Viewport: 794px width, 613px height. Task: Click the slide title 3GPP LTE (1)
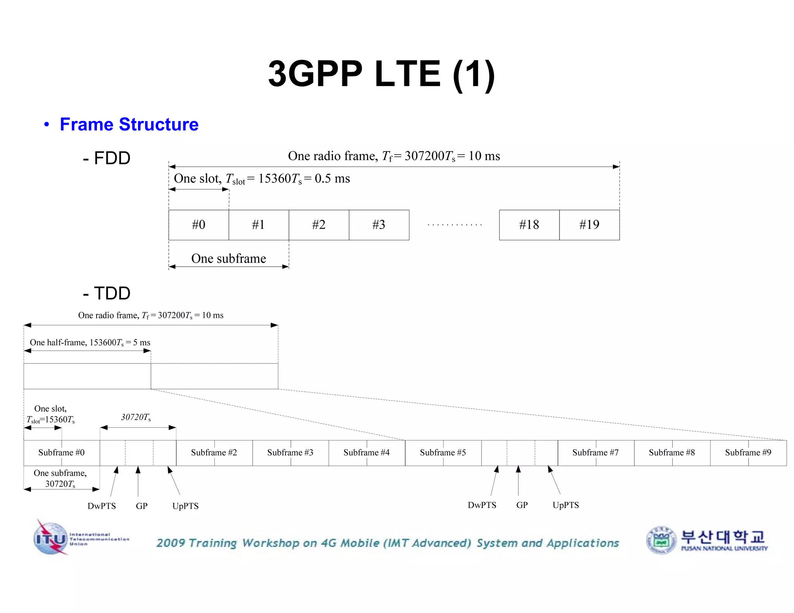pos(381,74)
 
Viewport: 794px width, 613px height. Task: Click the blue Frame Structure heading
pos(129,124)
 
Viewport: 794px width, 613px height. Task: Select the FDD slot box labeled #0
pos(198,225)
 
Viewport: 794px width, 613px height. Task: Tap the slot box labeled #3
pos(379,225)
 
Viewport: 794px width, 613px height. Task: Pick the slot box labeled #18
pos(529,225)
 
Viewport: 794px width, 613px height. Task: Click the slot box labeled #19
pos(589,225)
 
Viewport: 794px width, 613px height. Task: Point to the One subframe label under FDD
pos(228,258)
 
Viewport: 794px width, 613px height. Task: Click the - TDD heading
pos(107,293)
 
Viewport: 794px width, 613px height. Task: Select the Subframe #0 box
pos(61,453)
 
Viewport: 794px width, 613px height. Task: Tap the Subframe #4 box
pos(366,453)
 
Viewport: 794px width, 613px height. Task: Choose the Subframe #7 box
pos(595,453)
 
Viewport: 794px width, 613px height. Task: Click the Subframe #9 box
pos(748,453)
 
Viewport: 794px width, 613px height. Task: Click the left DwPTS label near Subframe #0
pos(102,506)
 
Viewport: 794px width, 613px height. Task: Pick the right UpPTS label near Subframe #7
pos(566,505)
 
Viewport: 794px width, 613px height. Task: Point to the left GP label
pos(142,506)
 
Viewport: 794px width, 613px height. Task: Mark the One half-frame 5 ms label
pos(90,343)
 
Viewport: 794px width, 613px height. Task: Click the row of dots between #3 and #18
pos(454,225)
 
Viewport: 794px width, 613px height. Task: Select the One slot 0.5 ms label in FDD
pos(262,179)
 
